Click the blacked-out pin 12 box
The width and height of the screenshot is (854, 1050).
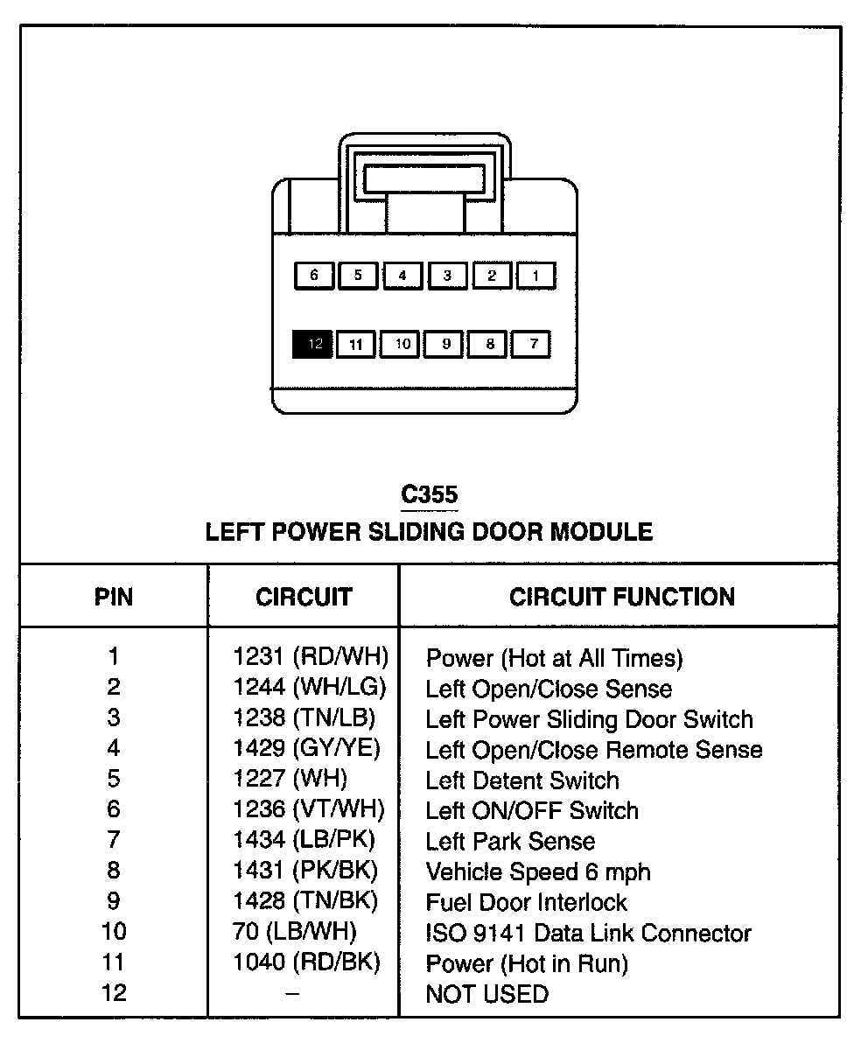coord(313,344)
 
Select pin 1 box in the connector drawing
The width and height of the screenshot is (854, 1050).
coord(535,276)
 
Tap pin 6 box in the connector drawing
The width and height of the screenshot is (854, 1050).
coord(313,276)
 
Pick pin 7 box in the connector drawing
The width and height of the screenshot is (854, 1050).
coord(533,344)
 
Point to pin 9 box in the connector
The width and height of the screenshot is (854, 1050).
coord(445,344)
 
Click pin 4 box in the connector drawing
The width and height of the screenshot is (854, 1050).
coord(402,276)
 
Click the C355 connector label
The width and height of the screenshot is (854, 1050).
coord(429,495)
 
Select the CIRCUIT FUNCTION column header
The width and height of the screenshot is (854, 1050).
coord(622,598)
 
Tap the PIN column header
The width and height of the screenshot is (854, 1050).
coord(114,598)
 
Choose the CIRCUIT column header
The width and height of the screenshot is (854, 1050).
coord(304,598)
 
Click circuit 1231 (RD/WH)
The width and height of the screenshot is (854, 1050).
coord(310,656)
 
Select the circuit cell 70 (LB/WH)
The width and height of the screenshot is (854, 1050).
coord(295,932)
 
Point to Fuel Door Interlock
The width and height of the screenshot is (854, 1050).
coord(527,902)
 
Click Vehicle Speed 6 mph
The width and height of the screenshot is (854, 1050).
coord(538,871)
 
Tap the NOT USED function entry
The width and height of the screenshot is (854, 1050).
coord(487,994)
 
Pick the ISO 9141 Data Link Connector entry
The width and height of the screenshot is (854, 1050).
coord(588,933)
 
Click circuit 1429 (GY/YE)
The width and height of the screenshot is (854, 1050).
coord(306,748)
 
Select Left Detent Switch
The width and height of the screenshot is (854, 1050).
coord(522,780)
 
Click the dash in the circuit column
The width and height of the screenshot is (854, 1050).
coord(293,993)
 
